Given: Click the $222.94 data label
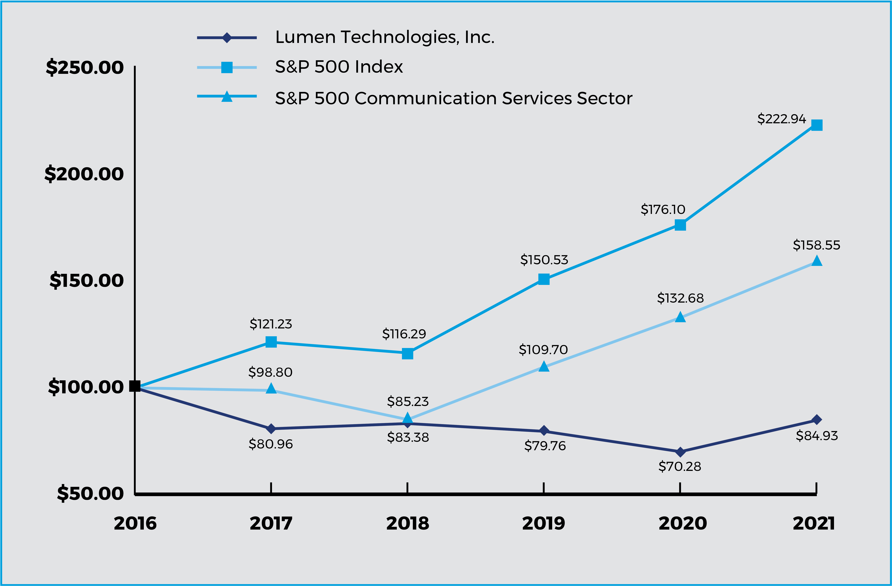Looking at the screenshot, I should pyautogui.click(x=782, y=119).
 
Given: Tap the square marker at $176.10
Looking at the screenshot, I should pyautogui.click(x=680, y=225).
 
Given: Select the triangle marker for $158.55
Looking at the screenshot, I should pyautogui.click(x=817, y=261).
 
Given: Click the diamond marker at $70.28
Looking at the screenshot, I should pyautogui.click(x=680, y=452).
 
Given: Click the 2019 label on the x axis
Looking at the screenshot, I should pyautogui.click(x=543, y=523).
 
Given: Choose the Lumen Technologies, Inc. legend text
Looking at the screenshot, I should pyautogui.click(x=385, y=37).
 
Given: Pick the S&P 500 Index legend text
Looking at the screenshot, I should pyautogui.click(x=339, y=67).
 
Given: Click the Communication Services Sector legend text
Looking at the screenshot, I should pyautogui.click(x=453, y=98).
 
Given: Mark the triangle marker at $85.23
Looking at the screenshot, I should pyautogui.click(x=407, y=418).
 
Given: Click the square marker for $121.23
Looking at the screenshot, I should pyautogui.click(x=271, y=342).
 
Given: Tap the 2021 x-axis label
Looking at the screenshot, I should pyautogui.click(x=814, y=523).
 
